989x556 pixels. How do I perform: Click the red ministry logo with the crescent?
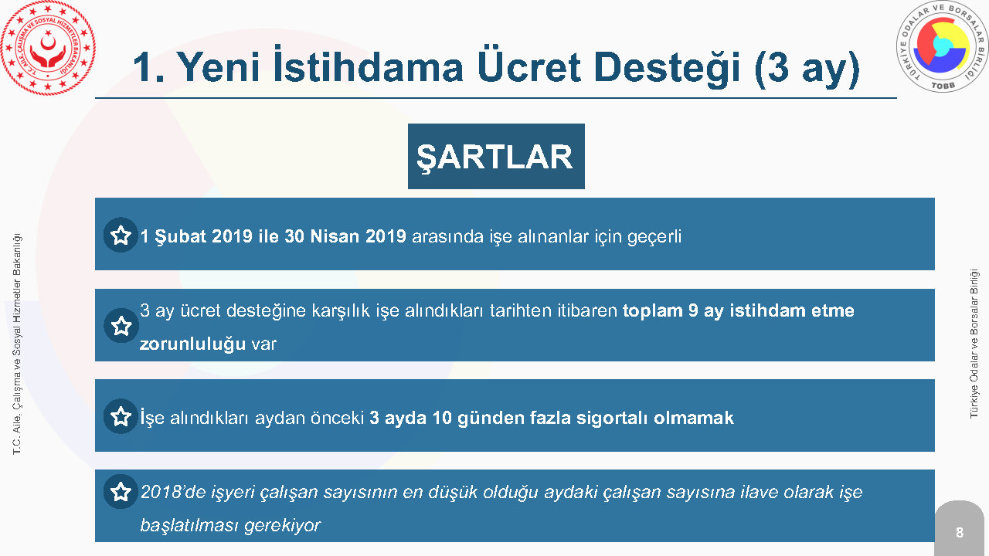[x=48, y=48]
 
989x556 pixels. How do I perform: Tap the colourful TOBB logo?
[x=942, y=47]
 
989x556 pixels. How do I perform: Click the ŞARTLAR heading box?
[x=496, y=156]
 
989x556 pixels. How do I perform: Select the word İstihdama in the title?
[x=369, y=66]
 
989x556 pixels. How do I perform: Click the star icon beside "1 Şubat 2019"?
[x=121, y=236]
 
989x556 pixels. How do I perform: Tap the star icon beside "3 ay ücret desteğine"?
[x=121, y=326]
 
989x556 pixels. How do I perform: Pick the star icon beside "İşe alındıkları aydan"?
[x=121, y=416]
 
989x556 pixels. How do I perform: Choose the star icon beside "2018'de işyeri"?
[x=121, y=492]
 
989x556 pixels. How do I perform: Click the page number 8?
[x=960, y=532]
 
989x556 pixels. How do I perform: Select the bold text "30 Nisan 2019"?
[x=345, y=236]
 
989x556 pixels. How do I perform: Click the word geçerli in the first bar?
[x=654, y=237]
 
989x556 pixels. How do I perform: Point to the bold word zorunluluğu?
[x=192, y=344]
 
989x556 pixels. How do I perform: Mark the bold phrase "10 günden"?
[x=478, y=418]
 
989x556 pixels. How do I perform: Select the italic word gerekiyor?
[x=282, y=526]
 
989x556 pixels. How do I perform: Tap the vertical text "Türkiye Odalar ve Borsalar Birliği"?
[x=974, y=344]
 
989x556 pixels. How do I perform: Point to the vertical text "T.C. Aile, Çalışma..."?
[x=17, y=344]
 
